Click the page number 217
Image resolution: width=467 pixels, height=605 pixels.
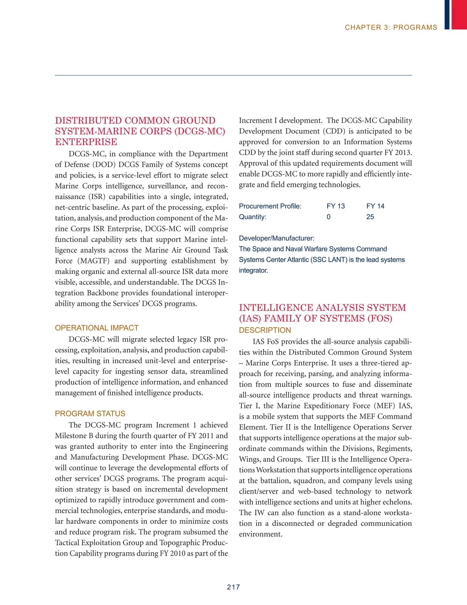click(233, 587)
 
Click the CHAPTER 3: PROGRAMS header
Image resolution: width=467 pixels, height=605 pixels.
click(391, 27)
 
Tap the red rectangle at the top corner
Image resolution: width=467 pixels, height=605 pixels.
click(459, 14)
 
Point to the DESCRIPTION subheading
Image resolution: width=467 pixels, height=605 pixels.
click(265, 330)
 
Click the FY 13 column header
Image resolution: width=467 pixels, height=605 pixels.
click(336, 206)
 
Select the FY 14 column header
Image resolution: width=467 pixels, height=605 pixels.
click(375, 206)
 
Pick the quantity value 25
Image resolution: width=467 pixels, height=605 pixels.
click(370, 217)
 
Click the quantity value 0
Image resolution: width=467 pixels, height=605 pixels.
click(328, 217)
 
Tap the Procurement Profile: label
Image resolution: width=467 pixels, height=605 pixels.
click(270, 206)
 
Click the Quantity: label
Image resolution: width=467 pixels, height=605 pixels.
click(252, 217)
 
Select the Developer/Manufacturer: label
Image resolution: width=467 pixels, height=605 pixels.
click(276, 238)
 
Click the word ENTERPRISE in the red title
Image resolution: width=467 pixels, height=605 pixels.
click(86, 142)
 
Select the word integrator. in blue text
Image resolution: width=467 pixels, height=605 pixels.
click(253, 270)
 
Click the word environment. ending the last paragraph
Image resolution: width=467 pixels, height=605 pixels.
click(260, 534)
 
